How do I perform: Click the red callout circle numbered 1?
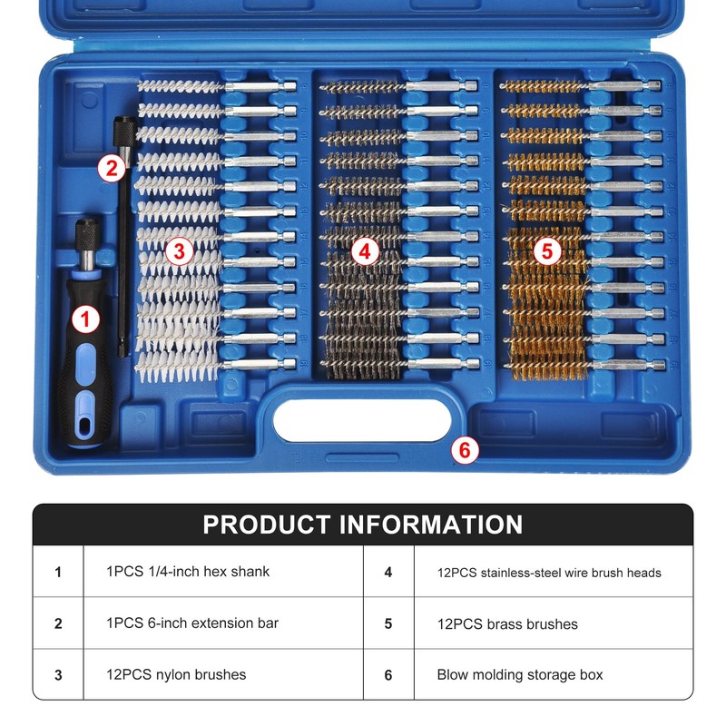(85, 319)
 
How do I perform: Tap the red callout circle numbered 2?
(111, 167)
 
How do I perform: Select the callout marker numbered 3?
(179, 251)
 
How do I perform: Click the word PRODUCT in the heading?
(267, 525)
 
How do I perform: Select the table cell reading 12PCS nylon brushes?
(176, 674)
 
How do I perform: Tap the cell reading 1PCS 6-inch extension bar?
(191, 623)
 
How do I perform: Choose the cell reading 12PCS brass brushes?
(506, 623)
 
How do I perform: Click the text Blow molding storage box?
(519, 674)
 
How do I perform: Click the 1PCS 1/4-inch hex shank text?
(188, 572)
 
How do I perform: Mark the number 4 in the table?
(388, 573)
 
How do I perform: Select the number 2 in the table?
(58, 623)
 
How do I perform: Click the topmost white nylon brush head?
(180, 87)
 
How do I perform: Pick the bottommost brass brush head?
(542, 363)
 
